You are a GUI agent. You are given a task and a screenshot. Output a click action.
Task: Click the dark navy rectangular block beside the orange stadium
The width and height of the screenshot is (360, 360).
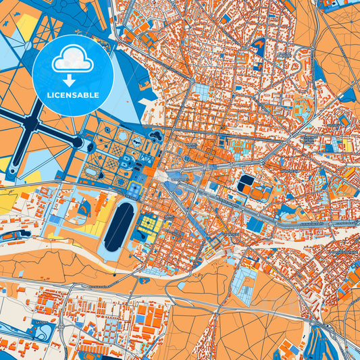[247, 182]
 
